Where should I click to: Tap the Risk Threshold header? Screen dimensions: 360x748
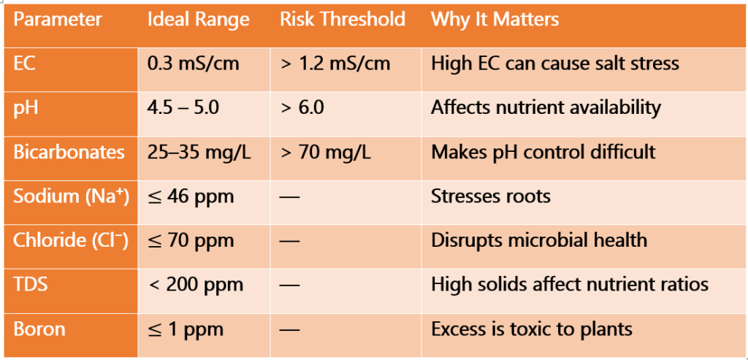(x=342, y=20)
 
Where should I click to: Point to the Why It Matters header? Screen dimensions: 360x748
(x=495, y=20)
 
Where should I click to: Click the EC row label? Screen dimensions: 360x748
(x=24, y=64)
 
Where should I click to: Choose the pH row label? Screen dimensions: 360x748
(x=26, y=108)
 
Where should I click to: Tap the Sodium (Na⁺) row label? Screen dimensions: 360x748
(x=71, y=196)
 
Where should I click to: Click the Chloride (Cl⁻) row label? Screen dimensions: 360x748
(x=71, y=240)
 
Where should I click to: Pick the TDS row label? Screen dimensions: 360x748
(x=29, y=285)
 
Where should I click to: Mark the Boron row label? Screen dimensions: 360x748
(x=39, y=329)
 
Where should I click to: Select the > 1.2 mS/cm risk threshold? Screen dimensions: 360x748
(x=335, y=64)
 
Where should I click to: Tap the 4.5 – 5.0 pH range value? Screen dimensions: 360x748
(x=183, y=108)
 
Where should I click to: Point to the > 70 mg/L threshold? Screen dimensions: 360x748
(x=325, y=152)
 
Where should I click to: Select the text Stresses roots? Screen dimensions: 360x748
(x=490, y=196)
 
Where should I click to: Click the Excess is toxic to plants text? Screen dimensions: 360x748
(x=531, y=329)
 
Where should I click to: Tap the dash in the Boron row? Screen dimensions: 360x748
(x=290, y=329)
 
